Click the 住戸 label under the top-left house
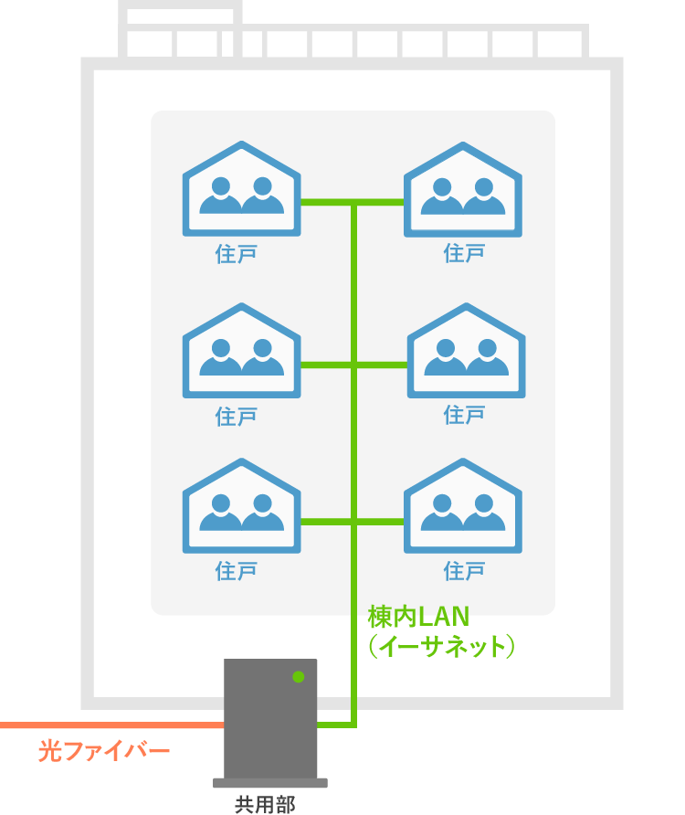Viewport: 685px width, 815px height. click(x=237, y=253)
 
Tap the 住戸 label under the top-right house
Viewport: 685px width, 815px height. click(x=464, y=253)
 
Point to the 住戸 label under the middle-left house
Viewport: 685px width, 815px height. click(x=237, y=417)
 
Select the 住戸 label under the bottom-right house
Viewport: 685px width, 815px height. click(x=464, y=572)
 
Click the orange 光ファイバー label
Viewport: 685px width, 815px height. click(x=104, y=752)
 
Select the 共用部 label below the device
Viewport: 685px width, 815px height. click(x=265, y=804)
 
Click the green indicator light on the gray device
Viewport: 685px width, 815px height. click(x=298, y=677)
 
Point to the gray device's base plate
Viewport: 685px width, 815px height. click(x=269, y=783)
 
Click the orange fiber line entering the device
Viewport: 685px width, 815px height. click(x=110, y=725)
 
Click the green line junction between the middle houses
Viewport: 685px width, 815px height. click(x=353, y=365)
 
